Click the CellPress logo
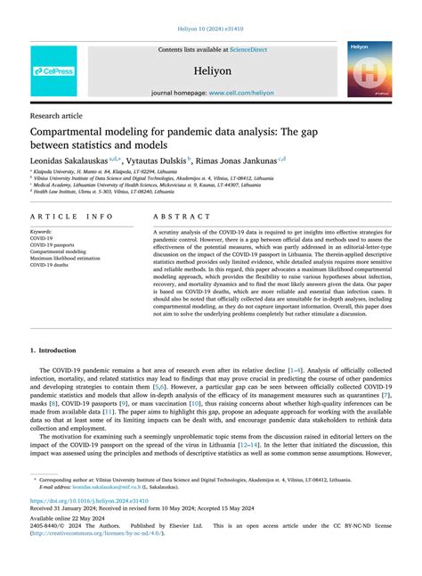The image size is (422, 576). coord(54,71)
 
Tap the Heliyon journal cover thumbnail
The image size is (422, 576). coord(369,70)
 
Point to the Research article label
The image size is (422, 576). coord(56,115)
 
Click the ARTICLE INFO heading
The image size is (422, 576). coord(71,217)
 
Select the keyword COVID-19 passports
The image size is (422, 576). coord(55,245)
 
